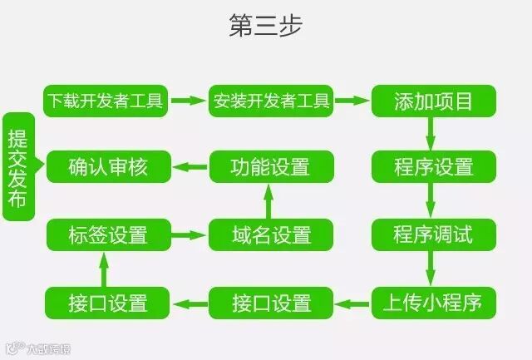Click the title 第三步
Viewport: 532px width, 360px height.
266,26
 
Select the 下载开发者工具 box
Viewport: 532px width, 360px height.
106,101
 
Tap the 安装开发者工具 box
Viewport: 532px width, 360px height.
271,101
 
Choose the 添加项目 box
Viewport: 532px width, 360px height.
432,101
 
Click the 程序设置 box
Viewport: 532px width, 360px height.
432,167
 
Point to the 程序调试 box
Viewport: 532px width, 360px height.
432,234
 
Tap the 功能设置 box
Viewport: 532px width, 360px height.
271,167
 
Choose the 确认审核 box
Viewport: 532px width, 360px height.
108,167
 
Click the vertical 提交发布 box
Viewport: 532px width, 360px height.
17,167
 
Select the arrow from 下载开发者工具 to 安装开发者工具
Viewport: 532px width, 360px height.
190,101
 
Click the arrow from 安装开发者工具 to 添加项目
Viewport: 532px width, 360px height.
352,101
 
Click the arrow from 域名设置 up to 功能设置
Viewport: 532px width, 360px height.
268,201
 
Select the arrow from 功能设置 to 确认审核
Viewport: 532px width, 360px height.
190,167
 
